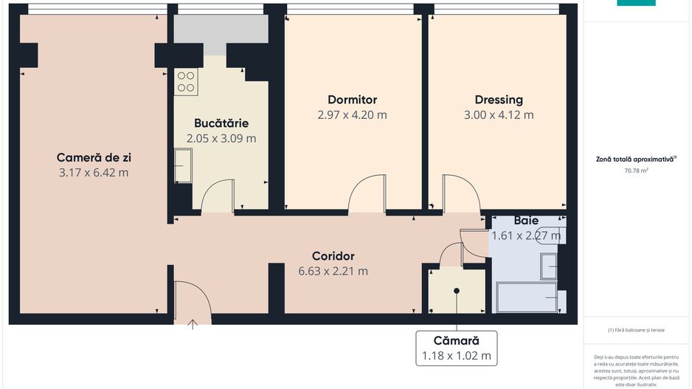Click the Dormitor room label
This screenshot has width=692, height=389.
(352, 100)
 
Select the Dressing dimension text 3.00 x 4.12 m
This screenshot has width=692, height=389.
(498, 115)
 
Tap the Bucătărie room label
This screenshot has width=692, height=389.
(221, 123)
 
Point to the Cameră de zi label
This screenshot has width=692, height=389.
(94, 157)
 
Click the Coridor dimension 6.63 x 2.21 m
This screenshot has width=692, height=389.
(333, 271)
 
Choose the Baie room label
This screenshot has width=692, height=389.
(526, 221)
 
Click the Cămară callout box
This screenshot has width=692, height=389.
(456, 348)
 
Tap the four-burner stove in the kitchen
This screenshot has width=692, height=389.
(185, 81)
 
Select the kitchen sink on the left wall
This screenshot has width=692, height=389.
(182, 165)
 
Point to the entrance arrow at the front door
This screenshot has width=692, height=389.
(193, 323)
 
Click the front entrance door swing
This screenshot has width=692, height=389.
(192, 299)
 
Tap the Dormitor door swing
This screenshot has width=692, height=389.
(367, 194)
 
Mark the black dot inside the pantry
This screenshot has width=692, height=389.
(457, 291)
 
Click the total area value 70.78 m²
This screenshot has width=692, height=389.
(636, 171)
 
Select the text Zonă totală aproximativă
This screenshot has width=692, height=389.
(635, 159)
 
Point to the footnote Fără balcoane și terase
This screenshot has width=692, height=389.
(636, 330)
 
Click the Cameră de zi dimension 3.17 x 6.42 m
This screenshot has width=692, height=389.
(94, 173)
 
